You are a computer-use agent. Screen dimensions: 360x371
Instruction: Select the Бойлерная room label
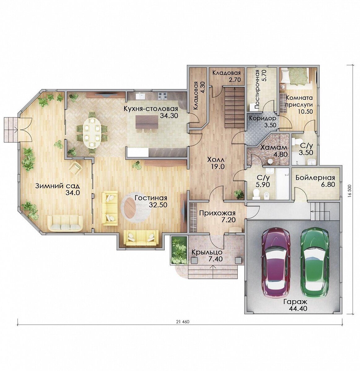click(x=315, y=178)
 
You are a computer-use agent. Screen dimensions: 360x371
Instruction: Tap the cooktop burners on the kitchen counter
click(x=162, y=96)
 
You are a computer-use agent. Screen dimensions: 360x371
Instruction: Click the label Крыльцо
click(x=207, y=252)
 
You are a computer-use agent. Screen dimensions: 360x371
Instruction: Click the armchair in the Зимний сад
click(x=76, y=168)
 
